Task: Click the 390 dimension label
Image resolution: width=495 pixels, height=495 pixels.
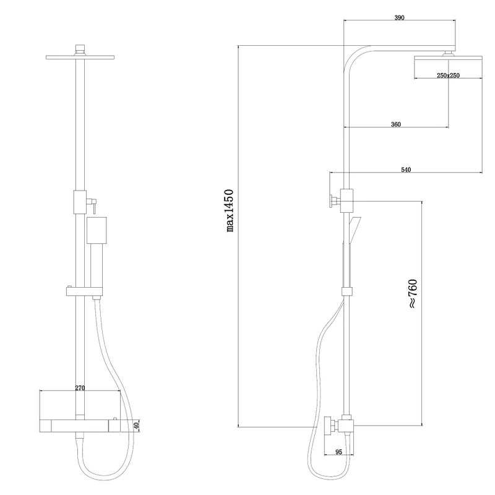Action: [399, 18]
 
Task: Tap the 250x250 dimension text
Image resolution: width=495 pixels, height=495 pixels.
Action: [448, 75]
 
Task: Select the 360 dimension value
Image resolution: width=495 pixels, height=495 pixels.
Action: [395, 124]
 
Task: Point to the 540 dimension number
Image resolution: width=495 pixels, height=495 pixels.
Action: [406, 170]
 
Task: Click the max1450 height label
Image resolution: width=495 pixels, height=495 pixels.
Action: [230, 210]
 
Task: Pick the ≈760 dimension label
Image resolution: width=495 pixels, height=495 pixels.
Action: [413, 293]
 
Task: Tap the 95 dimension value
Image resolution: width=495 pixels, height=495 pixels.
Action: [338, 452]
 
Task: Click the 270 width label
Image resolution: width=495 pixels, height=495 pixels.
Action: [80, 388]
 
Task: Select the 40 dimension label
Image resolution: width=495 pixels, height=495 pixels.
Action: [136, 426]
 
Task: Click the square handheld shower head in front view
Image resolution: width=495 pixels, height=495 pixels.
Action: [97, 230]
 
